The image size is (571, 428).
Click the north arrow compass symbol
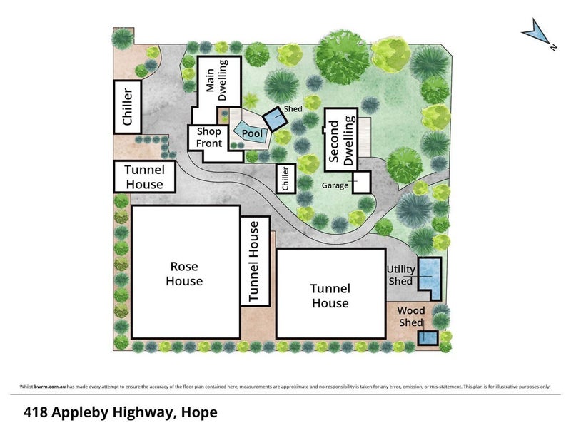(536, 34)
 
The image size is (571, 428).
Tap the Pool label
(252, 133)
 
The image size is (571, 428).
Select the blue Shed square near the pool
(276, 118)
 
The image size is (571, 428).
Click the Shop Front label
(208, 138)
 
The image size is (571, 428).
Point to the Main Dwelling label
(216, 81)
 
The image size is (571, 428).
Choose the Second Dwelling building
(341, 139)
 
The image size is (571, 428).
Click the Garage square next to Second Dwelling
(362, 182)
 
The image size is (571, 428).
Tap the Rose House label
(184, 274)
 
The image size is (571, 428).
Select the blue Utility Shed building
(430, 278)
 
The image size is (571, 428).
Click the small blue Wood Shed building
(428, 338)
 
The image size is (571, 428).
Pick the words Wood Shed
(411, 317)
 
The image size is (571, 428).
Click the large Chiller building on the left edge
(128, 106)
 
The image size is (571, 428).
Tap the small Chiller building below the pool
(286, 179)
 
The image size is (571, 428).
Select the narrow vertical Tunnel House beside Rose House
(256, 261)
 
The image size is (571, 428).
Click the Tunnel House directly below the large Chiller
(145, 176)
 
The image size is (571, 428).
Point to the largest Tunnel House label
(330, 296)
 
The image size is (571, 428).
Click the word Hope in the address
(199, 412)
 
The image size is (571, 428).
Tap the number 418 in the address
(35, 412)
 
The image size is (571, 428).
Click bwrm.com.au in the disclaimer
(50, 387)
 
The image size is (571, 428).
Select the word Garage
(335, 185)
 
